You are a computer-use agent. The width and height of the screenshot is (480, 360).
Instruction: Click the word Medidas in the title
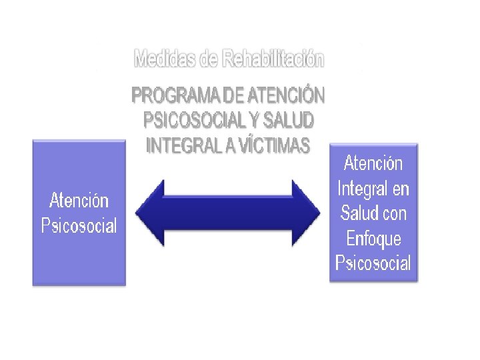165,59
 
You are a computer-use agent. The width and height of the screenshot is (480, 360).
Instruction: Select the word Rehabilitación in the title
273,59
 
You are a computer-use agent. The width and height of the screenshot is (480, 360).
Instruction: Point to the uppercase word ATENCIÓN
285,97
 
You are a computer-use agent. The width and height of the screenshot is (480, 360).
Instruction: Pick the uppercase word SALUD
288,121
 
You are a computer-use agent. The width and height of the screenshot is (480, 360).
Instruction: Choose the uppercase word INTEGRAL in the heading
183,145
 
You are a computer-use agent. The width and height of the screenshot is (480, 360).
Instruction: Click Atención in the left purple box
79,200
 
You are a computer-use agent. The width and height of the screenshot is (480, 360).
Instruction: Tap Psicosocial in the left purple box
79,225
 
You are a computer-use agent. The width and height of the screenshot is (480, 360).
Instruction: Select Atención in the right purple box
373,163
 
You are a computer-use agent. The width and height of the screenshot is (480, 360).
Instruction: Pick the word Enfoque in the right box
373,238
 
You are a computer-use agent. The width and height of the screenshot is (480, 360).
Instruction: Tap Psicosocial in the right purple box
373,263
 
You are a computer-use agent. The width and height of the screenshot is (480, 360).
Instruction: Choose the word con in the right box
394,213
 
